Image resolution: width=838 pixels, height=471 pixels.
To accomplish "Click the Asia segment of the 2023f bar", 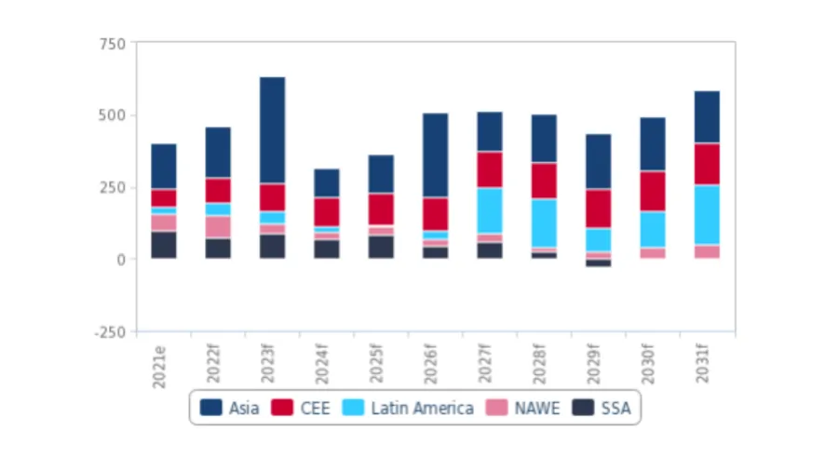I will click(x=272, y=129).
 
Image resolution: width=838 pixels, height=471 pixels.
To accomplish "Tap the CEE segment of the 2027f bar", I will click(x=490, y=169).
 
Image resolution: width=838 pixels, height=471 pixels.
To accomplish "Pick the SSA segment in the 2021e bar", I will click(x=164, y=244).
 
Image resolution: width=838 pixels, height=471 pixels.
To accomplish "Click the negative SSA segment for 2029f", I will click(x=599, y=262).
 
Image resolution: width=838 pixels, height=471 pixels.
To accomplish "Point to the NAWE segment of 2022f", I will click(x=218, y=226).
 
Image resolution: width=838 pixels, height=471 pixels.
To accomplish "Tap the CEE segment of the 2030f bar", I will click(x=653, y=191).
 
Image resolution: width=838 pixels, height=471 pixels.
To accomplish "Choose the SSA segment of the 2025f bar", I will click(x=381, y=247).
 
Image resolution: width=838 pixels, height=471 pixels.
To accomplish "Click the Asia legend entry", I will click(x=228, y=408).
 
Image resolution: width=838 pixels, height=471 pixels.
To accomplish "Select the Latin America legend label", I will click(x=422, y=408).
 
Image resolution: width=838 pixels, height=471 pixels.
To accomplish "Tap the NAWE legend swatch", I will click(x=499, y=408).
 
